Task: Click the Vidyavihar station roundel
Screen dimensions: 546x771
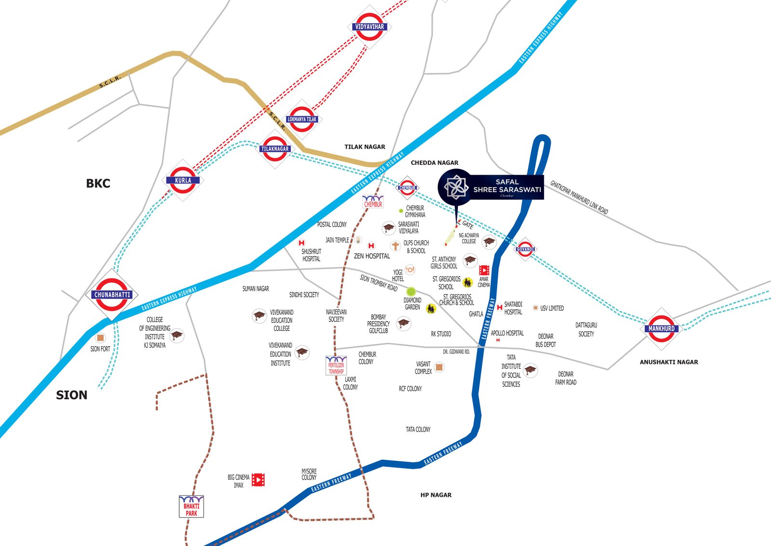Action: coord(370,27)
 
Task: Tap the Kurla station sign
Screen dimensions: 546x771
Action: coord(183,180)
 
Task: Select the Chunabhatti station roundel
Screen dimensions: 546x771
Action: coord(112,294)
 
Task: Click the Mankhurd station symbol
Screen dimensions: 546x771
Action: coord(661,328)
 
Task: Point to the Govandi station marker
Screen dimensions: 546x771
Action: coord(525,249)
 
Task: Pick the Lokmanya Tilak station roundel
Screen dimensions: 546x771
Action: coord(302,119)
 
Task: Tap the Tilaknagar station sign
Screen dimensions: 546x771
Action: coord(275,149)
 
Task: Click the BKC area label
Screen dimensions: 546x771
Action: coord(98,183)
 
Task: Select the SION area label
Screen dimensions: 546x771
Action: coord(72,395)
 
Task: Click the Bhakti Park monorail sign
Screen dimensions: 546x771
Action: coord(191,507)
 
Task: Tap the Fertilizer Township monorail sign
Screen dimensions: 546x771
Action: coord(336,366)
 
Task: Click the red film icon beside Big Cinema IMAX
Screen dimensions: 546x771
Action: coord(258,480)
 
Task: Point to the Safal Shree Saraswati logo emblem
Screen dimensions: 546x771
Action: coord(456,187)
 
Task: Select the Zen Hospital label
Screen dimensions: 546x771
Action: coord(372,256)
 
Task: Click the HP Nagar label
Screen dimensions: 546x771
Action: coord(436,495)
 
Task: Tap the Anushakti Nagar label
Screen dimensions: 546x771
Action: coord(668,362)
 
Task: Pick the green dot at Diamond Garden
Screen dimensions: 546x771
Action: coord(411,291)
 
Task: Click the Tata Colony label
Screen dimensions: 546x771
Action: coord(418,429)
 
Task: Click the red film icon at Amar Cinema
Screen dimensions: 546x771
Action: coord(484,271)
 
